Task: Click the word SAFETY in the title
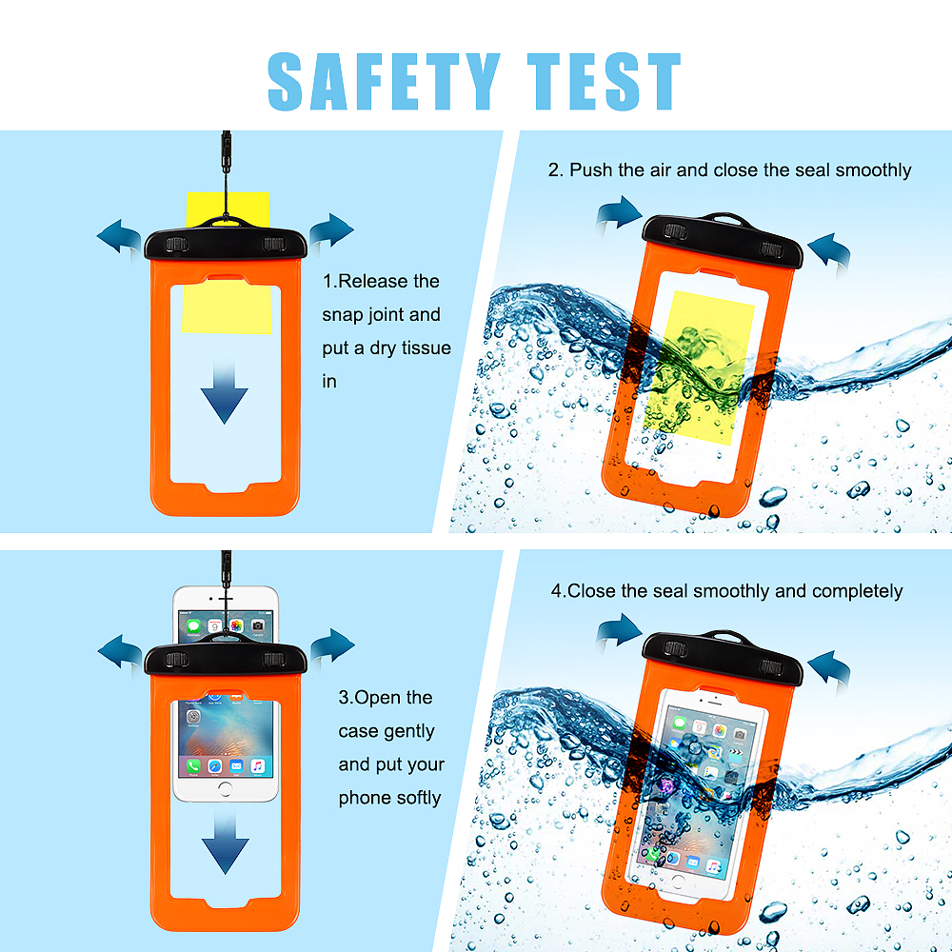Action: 384,81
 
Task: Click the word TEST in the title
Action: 605,81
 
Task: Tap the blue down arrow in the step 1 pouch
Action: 224,389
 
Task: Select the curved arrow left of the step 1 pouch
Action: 120,238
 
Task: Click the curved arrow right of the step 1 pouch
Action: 331,232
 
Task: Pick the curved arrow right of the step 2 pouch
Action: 829,253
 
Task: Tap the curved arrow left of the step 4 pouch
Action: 619,632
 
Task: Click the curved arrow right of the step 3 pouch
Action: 332,647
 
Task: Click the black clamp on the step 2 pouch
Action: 723,240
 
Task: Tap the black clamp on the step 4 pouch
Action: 723,658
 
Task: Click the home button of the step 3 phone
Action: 226,789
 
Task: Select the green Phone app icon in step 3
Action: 193,765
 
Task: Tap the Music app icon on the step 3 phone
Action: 258,765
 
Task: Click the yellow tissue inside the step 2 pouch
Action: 698,367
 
